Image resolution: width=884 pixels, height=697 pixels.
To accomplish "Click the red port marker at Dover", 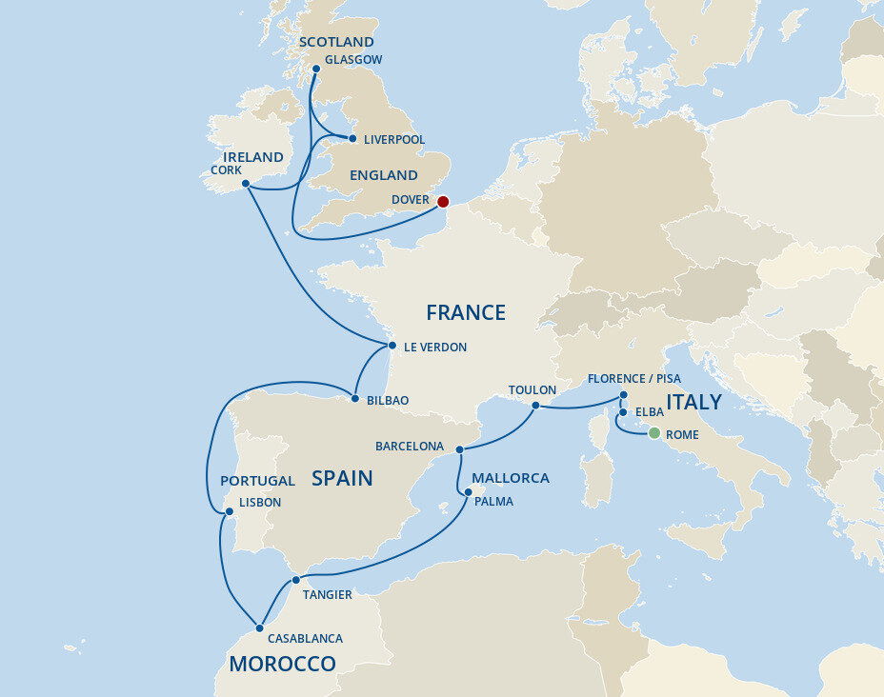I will point(442,201).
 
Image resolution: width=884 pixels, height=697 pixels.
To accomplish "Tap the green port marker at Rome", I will point(653,433).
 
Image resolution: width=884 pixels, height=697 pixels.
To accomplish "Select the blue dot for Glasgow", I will point(316,69).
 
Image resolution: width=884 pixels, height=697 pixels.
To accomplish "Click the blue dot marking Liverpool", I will point(352,138).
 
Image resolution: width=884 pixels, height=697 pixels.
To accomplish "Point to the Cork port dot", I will point(245,184).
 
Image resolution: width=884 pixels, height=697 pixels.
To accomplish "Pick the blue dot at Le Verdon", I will point(392,346).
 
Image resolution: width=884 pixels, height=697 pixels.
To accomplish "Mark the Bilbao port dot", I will point(354,399).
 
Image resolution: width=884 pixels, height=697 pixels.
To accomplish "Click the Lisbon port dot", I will point(229,511).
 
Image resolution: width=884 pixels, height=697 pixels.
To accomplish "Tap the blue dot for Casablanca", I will point(259,627).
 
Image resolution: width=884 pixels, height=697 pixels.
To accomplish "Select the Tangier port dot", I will point(295,580).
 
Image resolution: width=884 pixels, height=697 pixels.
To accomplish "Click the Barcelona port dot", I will point(459,448).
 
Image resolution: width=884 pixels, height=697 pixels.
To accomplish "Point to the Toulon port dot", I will point(535,406).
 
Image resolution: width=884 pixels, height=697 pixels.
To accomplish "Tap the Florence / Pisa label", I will point(633,378).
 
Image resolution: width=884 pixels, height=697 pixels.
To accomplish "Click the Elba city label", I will point(651,413).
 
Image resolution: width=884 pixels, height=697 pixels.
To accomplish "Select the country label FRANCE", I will point(465,312).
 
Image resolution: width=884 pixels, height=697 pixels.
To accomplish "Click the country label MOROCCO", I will point(282,664).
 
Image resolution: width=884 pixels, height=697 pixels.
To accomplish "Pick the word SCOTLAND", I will point(336,42).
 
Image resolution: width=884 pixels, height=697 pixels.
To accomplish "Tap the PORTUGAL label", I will point(257,481).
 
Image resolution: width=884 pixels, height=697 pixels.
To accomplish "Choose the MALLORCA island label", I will point(511,478).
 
